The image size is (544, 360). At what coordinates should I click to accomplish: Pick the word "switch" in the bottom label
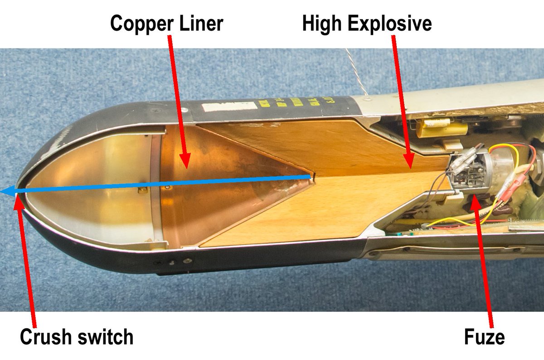click(x=107, y=337)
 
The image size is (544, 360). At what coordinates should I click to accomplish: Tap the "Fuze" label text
click(x=484, y=337)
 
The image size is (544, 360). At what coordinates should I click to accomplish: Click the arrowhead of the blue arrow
click(x=5, y=192)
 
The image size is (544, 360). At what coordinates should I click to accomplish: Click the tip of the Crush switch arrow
click(x=17, y=196)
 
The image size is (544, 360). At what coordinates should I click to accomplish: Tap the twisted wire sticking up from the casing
click(x=358, y=73)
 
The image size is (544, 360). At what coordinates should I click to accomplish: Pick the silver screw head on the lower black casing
click(x=185, y=260)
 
